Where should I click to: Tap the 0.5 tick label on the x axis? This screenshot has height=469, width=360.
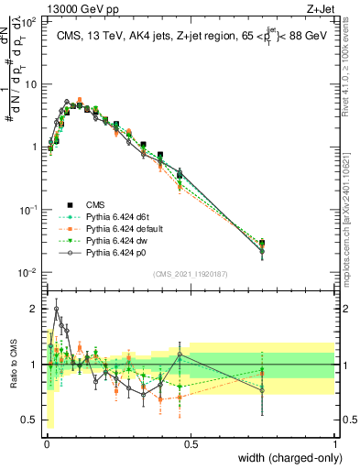(191, 443)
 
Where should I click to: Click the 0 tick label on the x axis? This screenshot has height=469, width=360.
(46, 443)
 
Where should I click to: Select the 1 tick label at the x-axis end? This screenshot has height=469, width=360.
(334, 443)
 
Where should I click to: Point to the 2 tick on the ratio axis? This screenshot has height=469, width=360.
(35, 309)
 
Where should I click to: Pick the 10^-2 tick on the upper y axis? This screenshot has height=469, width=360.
(27, 272)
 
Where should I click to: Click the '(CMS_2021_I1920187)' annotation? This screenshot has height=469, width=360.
(191, 273)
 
